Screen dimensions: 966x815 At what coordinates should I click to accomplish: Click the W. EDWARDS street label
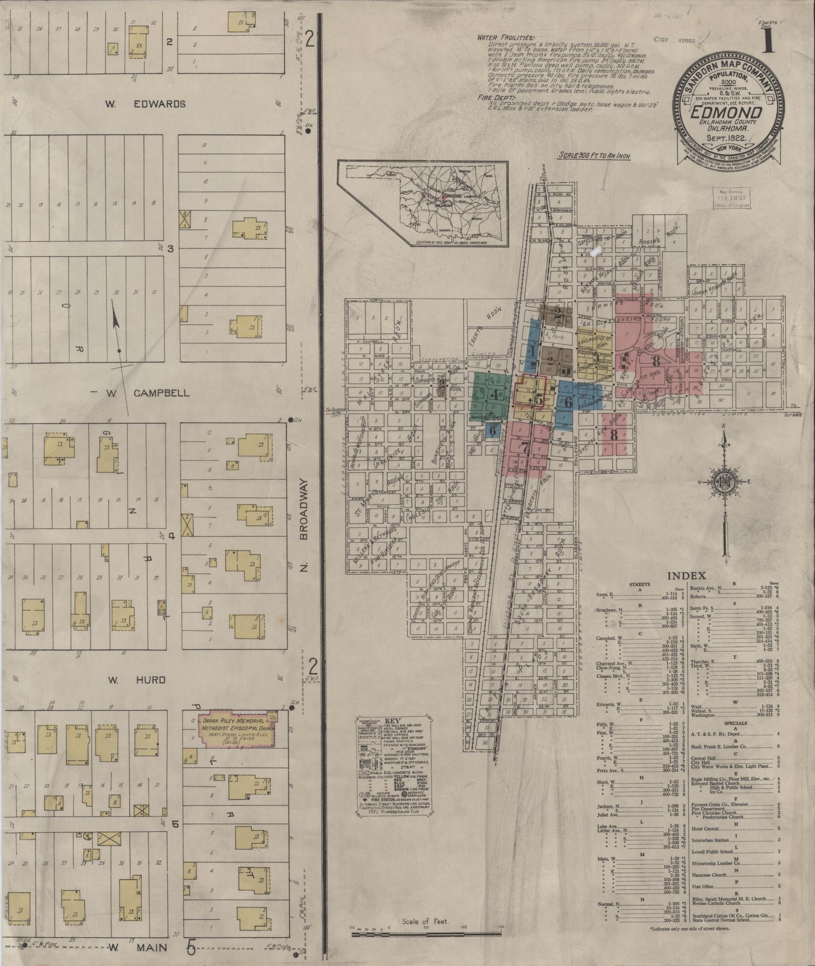coord(145,104)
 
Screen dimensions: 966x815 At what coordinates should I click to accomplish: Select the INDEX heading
coord(687,576)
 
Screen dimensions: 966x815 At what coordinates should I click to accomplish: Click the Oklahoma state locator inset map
coord(424,205)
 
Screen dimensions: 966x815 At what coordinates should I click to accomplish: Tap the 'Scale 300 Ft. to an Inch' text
coord(595,156)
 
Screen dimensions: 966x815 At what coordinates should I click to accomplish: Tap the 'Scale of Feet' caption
coord(425,921)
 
